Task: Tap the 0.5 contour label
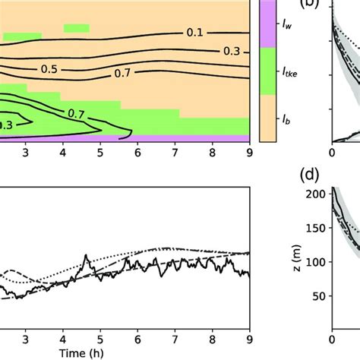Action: pyautogui.click(x=49, y=69)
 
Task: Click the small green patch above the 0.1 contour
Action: pyautogui.click(x=76, y=29)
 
